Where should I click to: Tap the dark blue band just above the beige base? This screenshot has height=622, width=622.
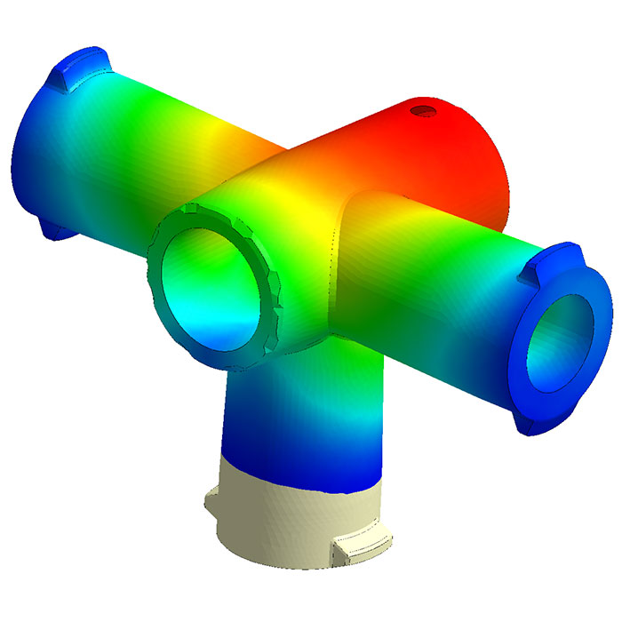pos(293,466)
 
